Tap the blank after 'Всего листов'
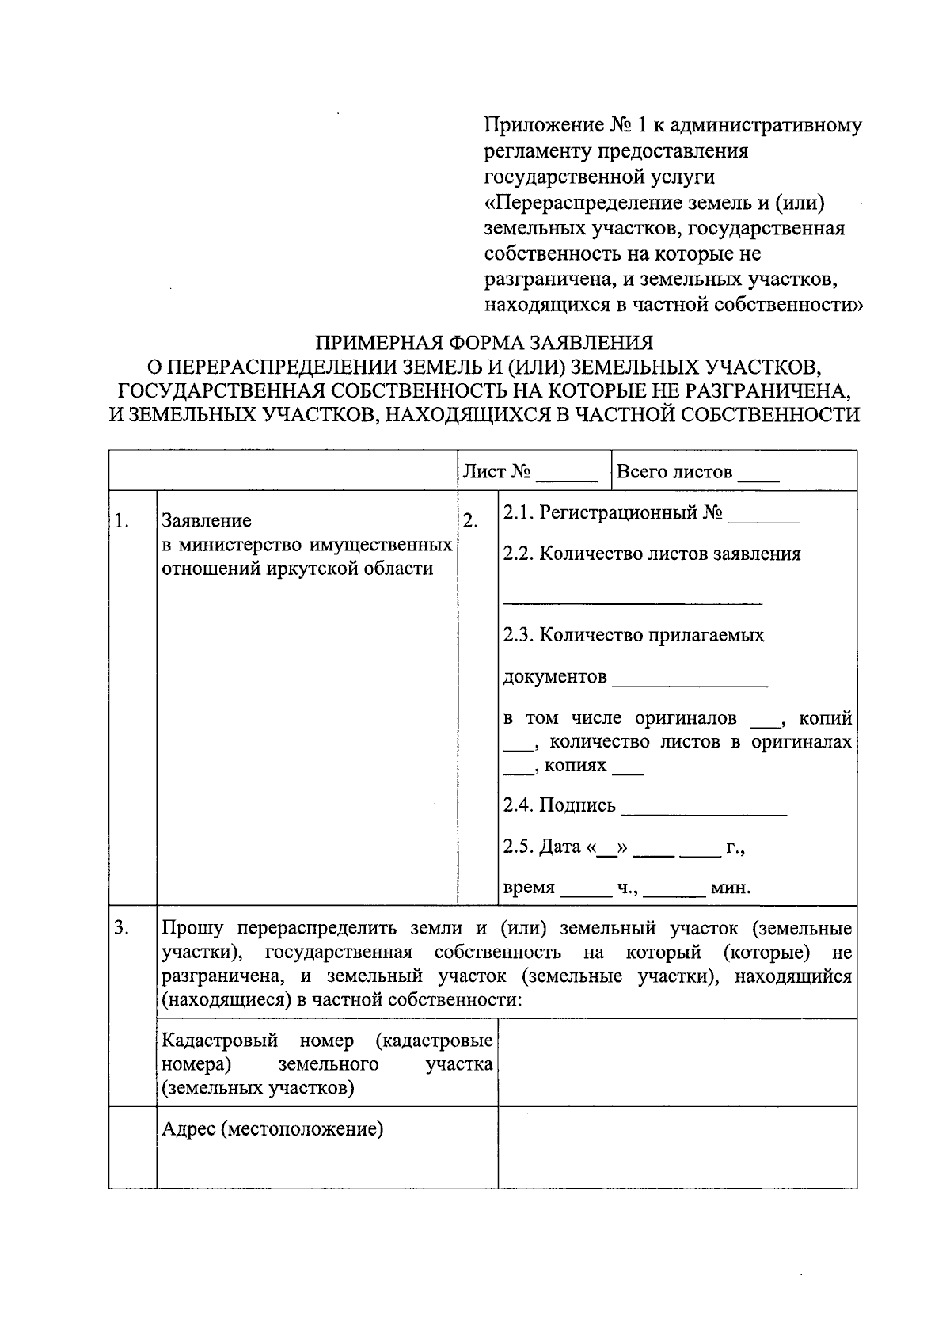(758, 476)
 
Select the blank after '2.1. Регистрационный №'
(763, 517)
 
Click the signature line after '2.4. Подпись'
(704, 810)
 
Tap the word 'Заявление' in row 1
(207, 521)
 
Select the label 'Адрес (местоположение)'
(272, 1128)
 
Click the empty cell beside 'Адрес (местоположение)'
(677, 1147)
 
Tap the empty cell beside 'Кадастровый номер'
(677, 1062)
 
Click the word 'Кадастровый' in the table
(219, 1041)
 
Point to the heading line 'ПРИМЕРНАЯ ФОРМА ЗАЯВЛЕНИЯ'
(484, 343)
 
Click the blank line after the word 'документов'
(690, 681)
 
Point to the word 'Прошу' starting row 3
(192, 928)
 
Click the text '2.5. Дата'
(541, 847)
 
